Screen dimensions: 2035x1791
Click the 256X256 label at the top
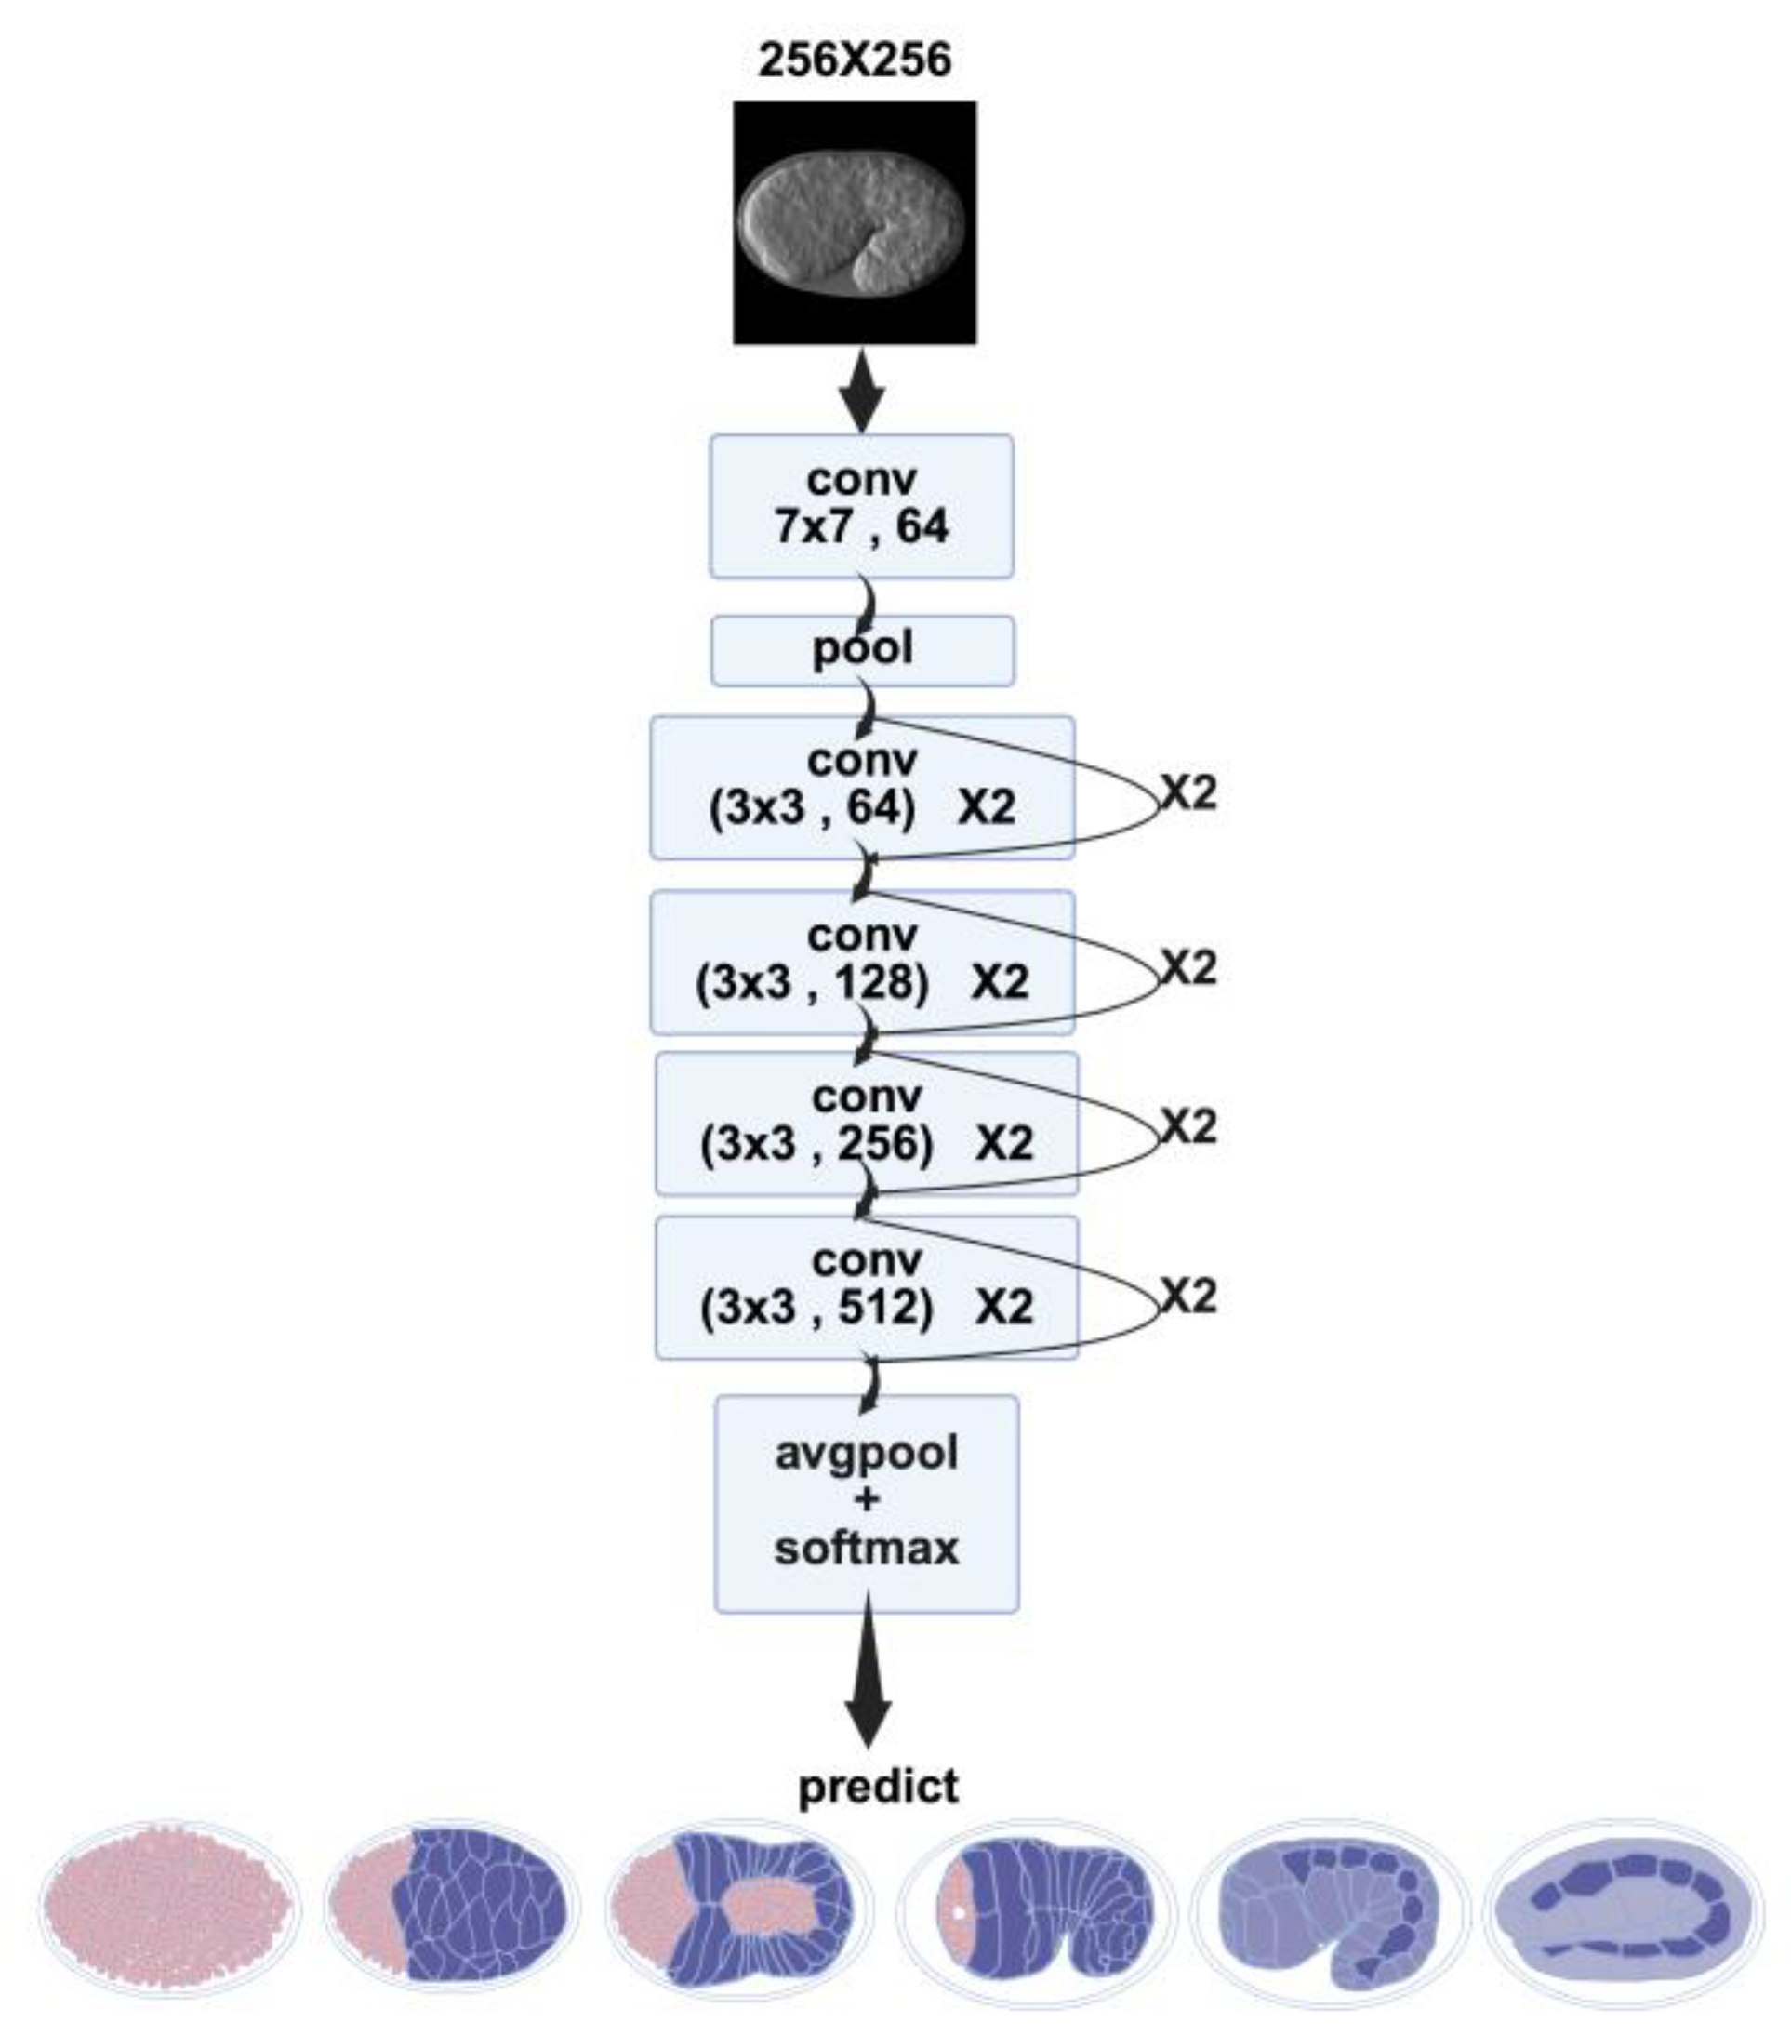pyautogui.click(x=855, y=60)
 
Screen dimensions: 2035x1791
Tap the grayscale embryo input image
pyautogui.click(x=855, y=223)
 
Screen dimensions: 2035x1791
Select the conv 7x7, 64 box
pyautogui.click(x=861, y=506)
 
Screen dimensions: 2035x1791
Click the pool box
pyautogui.click(x=862, y=650)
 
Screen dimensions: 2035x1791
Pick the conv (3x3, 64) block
pyautogui.click(x=861, y=787)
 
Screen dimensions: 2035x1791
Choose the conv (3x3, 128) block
pyautogui.click(x=861, y=962)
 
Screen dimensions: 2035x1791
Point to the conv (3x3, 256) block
pyautogui.click(x=866, y=1123)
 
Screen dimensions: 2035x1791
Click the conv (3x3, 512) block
pyautogui.click(x=866, y=1286)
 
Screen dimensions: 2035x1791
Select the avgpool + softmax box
pyautogui.click(x=866, y=1503)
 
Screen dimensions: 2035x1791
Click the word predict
pyautogui.click(x=878, y=1786)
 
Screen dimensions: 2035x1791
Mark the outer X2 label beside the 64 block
pyautogui.click(x=1188, y=793)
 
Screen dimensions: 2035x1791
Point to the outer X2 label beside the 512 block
pyautogui.click(x=1188, y=1297)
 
